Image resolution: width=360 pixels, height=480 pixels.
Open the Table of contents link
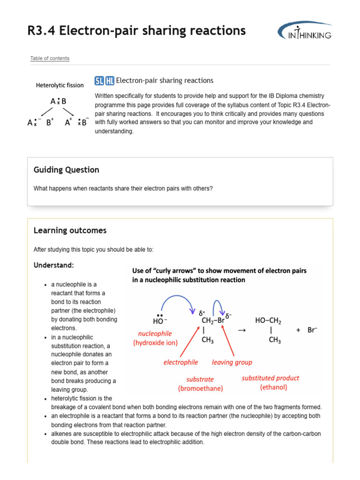(50, 59)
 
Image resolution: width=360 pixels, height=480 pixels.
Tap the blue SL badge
(99, 81)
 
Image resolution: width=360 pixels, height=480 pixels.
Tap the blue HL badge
(110, 81)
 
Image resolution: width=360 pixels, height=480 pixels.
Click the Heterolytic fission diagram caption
(60, 85)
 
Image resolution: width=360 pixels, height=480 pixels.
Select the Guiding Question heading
(66, 170)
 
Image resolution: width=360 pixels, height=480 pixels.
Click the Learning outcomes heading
(70, 231)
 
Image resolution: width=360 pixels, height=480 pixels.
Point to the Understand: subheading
(53, 265)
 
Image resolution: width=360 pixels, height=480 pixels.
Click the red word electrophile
(180, 362)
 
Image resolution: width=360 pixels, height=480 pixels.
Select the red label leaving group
(232, 362)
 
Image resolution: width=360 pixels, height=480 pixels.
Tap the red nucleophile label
(155, 334)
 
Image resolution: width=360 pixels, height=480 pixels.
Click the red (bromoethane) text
(200, 389)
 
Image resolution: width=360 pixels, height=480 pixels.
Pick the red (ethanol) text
(273, 387)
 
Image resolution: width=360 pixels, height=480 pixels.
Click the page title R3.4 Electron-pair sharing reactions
(136, 30)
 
